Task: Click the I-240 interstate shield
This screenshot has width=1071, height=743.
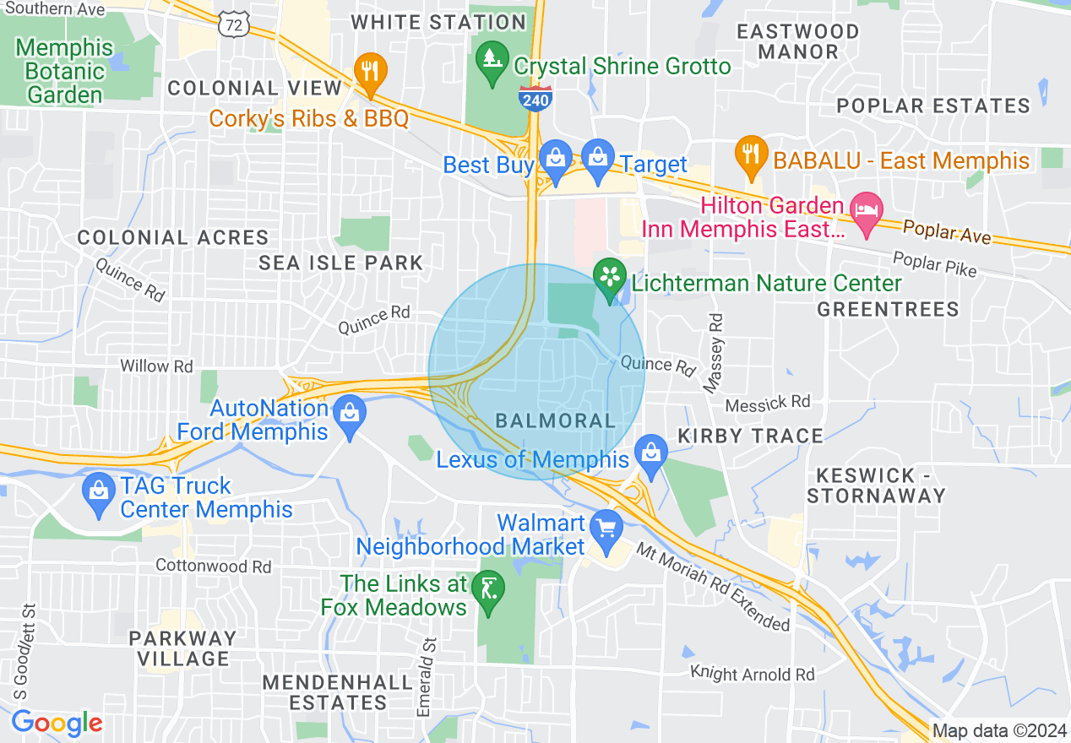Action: point(535,98)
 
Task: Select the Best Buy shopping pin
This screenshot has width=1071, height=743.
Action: point(555,160)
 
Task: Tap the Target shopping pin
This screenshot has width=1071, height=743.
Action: point(598,159)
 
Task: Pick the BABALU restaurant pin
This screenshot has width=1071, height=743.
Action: point(750,155)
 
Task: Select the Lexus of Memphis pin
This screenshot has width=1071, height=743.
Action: point(650,453)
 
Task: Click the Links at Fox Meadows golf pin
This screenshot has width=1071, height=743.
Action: point(488,588)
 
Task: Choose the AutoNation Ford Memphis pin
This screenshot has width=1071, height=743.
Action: point(349,414)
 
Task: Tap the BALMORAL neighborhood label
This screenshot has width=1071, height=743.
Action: point(555,420)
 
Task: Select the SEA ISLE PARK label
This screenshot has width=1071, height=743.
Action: point(340,263)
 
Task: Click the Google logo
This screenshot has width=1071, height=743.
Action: point(57,723)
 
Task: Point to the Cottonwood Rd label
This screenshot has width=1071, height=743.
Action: point(214,566)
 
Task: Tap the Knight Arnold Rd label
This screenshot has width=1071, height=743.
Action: point(753,674)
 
